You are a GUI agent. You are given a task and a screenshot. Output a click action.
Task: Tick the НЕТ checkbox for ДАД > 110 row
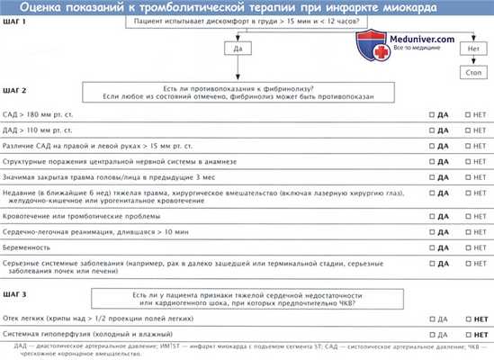(467, 131)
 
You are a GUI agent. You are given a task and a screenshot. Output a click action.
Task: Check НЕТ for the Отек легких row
(467, 319)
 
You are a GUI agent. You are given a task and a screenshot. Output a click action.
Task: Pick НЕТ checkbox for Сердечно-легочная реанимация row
(467, 231)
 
